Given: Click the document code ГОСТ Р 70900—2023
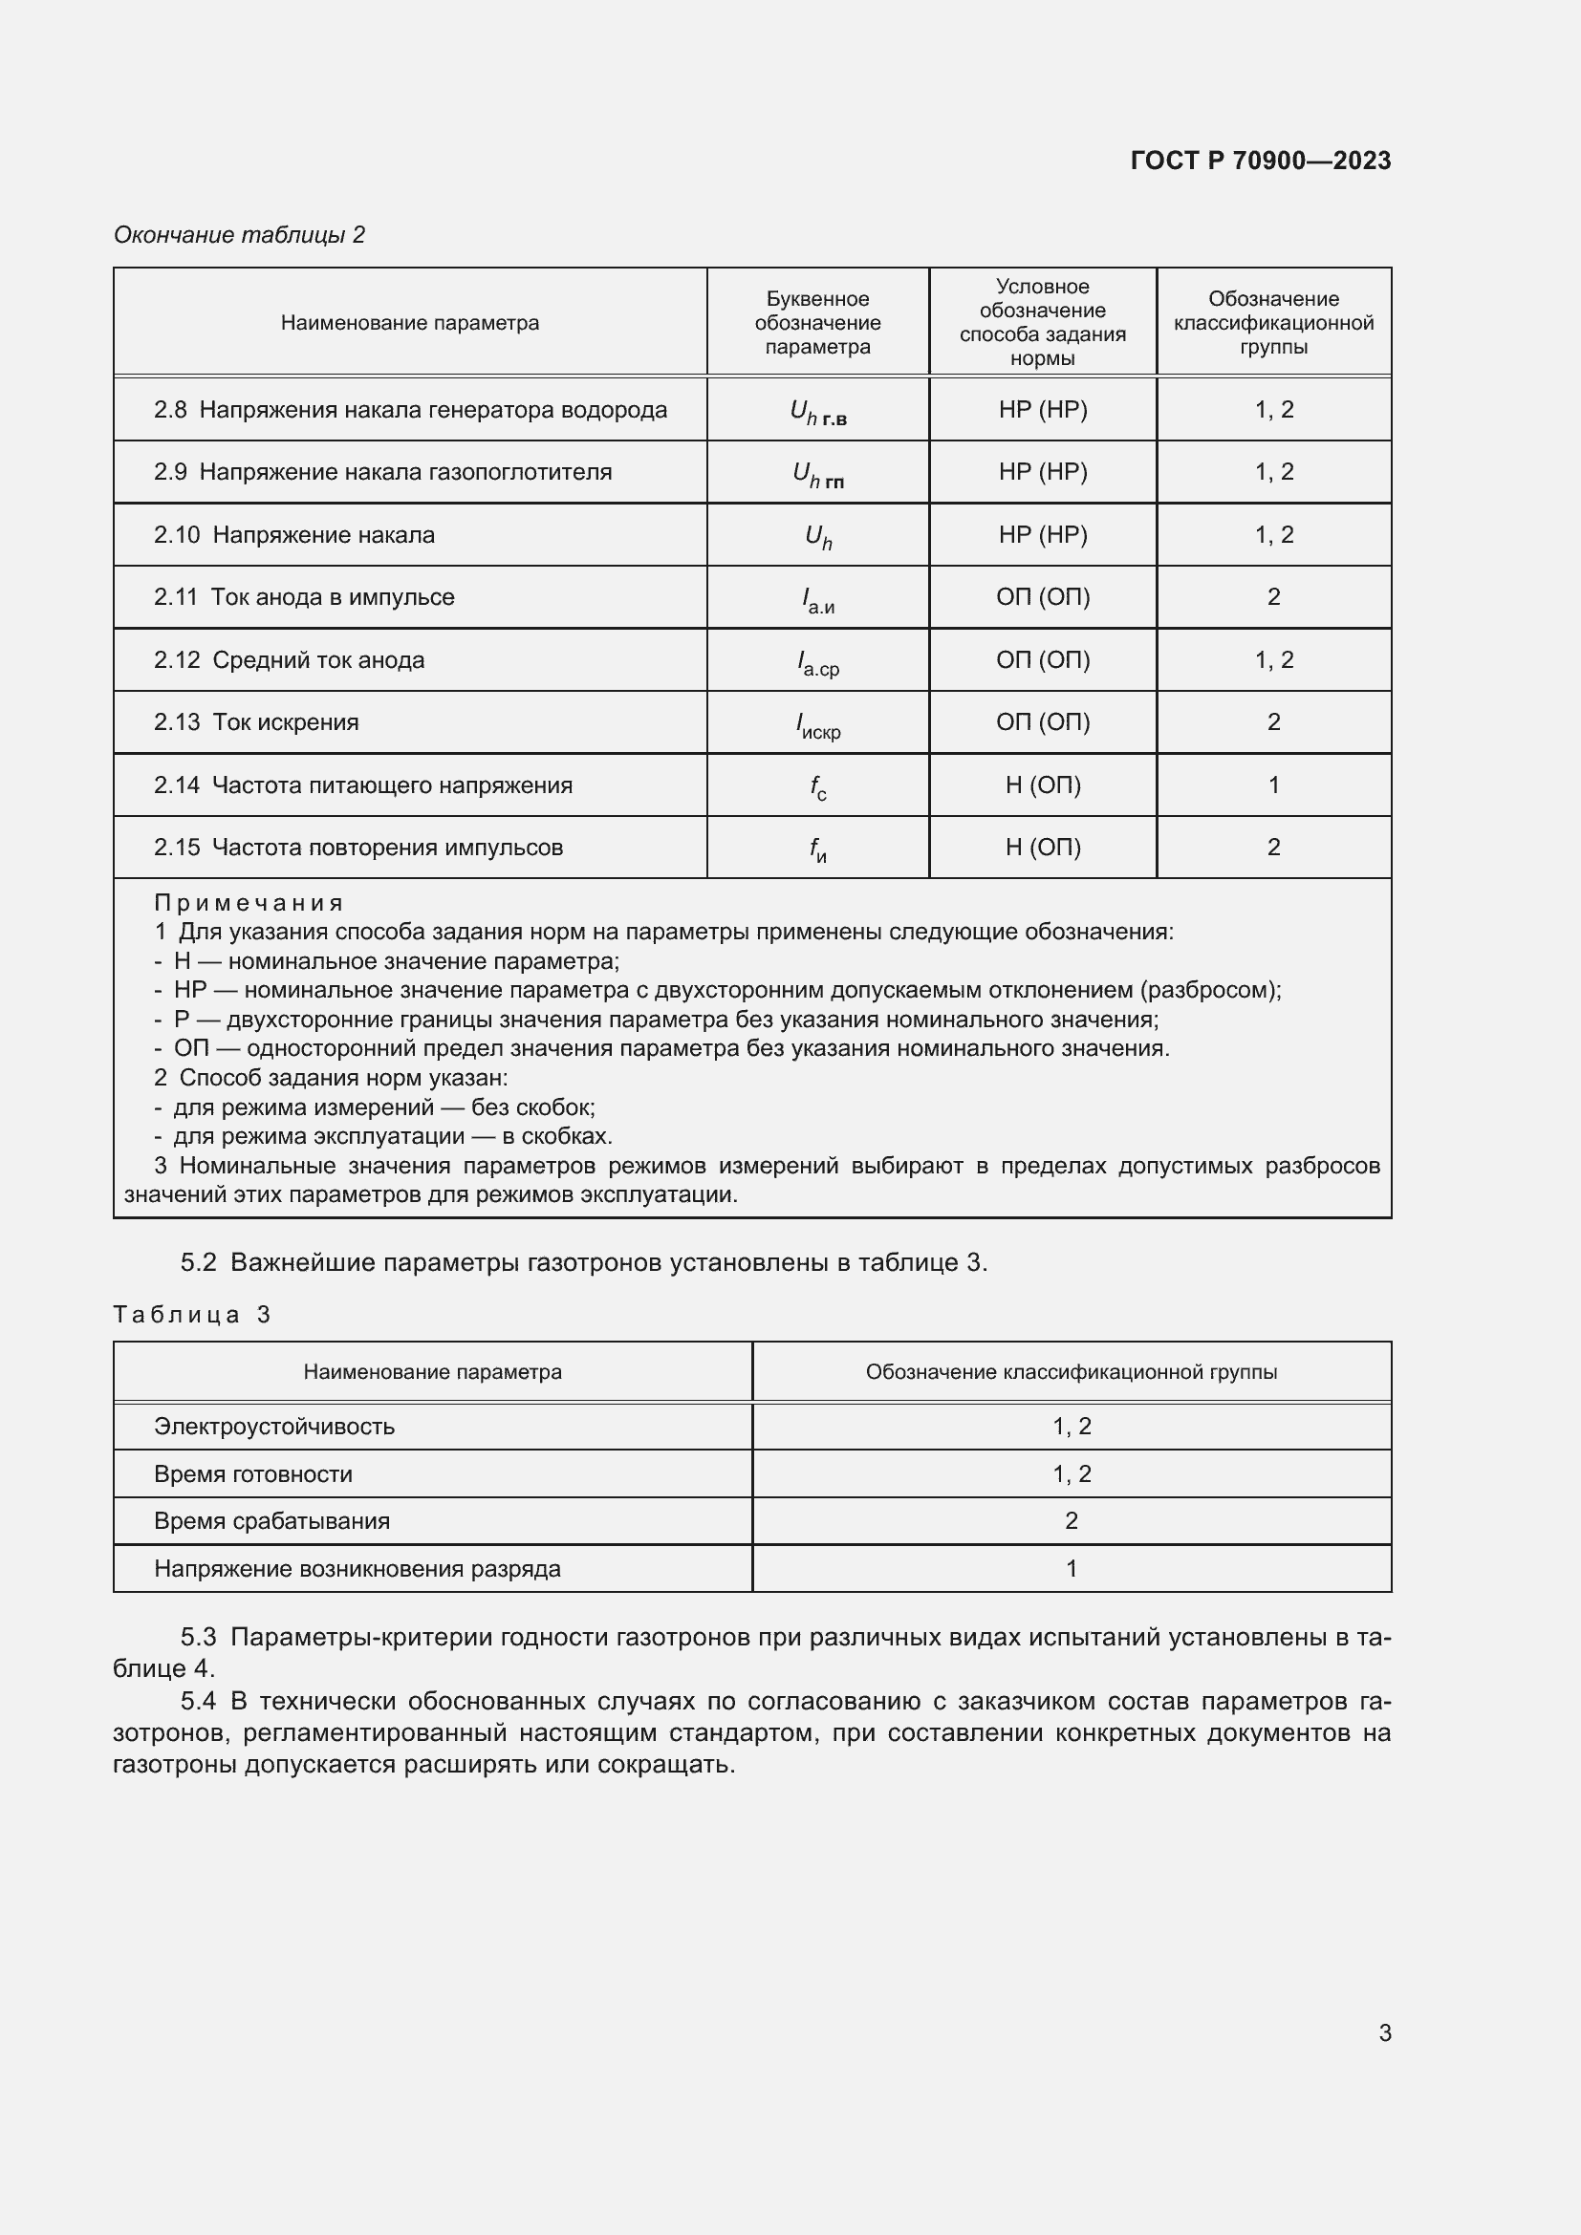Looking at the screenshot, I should pyautogui.click(x=1260, y=161).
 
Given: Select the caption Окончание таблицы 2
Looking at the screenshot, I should pyautogui.click(x=240, y=235).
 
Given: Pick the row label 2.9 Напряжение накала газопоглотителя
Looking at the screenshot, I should pyautogui.click(x=382, y=472).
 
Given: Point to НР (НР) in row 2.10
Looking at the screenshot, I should pyautogui.click(x=1043, y=534).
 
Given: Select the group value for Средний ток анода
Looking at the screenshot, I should pyautogui.click(x=1273, y=660).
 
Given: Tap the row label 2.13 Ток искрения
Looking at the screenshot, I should pyautogui.click(x=256, y=722).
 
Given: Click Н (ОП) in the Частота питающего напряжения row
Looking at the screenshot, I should pyautogui.click(x=1043, y=784).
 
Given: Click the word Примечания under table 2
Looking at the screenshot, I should pyautogui.click(x=249, y=902).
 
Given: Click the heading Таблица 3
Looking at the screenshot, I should pyautogui.click(x=192, y=1315).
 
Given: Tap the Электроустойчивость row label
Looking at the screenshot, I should pyautogui.click(x=273, y=1427).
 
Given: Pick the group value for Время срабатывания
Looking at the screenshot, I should pyautogui.click(x=1071, y=1521).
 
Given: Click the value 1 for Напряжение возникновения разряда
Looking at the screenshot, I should pyautogui.click(x=1071, y=1569).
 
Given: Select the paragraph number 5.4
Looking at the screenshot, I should pyautogui.click(x=199, y=1702).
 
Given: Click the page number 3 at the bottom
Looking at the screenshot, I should pyautogui.click(x=1384, y=2033).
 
